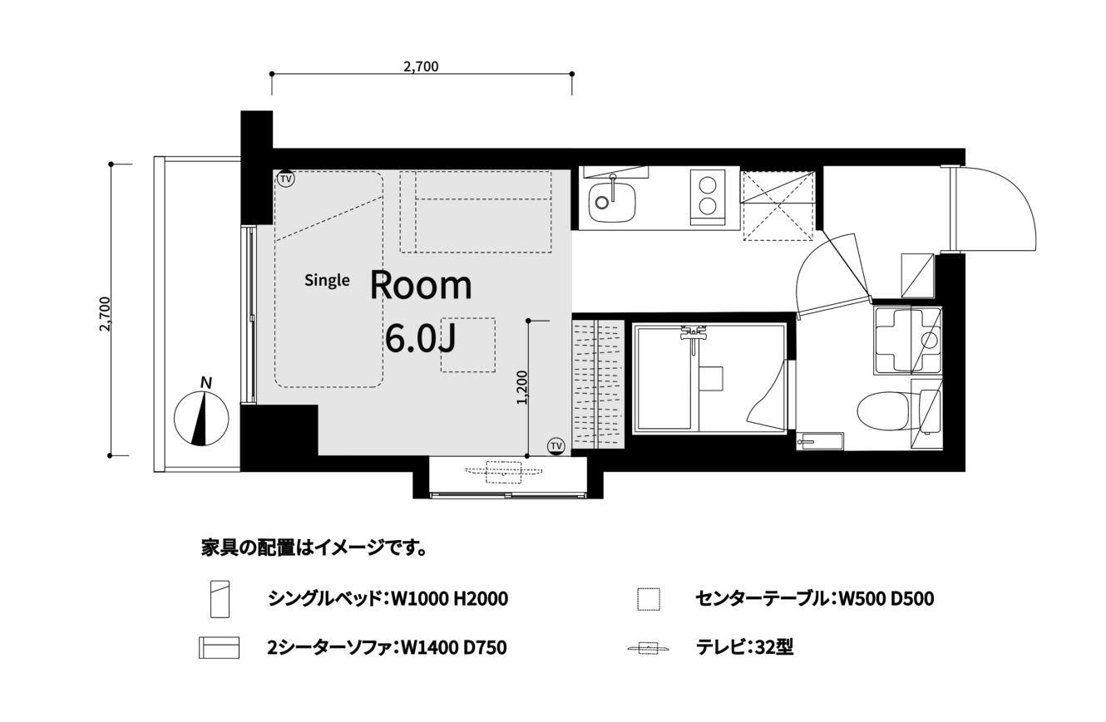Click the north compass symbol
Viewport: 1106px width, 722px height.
201,418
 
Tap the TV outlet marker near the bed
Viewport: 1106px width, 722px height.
285,179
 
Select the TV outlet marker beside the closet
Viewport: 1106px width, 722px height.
556,446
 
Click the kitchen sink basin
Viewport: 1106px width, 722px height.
612,202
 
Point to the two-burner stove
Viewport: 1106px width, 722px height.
708,196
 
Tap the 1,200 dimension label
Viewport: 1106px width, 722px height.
522,388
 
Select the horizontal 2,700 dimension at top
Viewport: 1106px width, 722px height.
422,74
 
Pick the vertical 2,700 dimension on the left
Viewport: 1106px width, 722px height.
111,310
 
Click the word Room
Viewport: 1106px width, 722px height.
421,286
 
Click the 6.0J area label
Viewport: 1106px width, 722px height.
420,339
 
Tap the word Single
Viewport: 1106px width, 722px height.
327,280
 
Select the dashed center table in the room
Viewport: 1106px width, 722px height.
468,345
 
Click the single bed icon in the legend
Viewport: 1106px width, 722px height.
220,599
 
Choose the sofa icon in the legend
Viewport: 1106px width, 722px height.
220,647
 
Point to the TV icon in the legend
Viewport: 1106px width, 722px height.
648,647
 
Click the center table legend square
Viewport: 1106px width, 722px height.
649,599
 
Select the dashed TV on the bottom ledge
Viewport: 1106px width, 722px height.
504,472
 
